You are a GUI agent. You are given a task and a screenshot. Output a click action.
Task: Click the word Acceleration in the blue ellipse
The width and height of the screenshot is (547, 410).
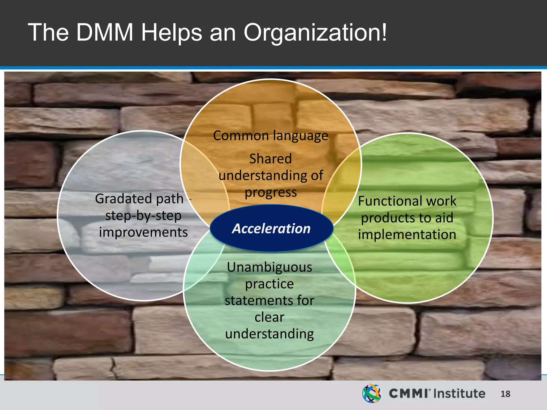(x=271, y=228)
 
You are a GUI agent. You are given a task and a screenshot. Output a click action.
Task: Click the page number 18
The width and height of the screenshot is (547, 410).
(x=505, y=394)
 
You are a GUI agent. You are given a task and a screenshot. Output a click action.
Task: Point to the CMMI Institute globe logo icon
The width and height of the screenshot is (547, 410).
(x=372, y=393)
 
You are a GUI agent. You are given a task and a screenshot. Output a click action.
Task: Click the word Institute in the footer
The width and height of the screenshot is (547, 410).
(x=459, y=393)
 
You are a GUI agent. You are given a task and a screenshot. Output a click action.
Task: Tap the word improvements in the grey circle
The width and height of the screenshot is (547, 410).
(x=143, y=232)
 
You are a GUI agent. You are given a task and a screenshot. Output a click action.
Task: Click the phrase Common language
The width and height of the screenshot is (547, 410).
(x=271, y=136)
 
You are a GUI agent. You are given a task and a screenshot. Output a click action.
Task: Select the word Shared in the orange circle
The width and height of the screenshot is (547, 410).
(x=271, y=159)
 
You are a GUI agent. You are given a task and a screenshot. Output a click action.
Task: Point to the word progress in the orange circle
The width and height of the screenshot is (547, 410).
(x=271, y=192)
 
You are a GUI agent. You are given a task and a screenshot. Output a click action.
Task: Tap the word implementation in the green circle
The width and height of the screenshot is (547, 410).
(x=407, y=235)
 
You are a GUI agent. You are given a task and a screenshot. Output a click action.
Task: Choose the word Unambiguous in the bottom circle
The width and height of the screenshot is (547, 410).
(x=269, y=267)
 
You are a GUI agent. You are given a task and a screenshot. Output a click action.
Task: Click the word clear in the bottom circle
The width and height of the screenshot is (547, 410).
(x=269, y=317)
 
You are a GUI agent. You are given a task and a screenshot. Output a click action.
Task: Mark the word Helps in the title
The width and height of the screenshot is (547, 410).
(x=171, y=33)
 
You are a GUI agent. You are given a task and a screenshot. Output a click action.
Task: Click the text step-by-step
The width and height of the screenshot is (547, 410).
(x=143, y=216)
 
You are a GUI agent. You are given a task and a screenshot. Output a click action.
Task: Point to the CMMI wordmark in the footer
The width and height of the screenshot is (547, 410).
(x=408, y=393)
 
